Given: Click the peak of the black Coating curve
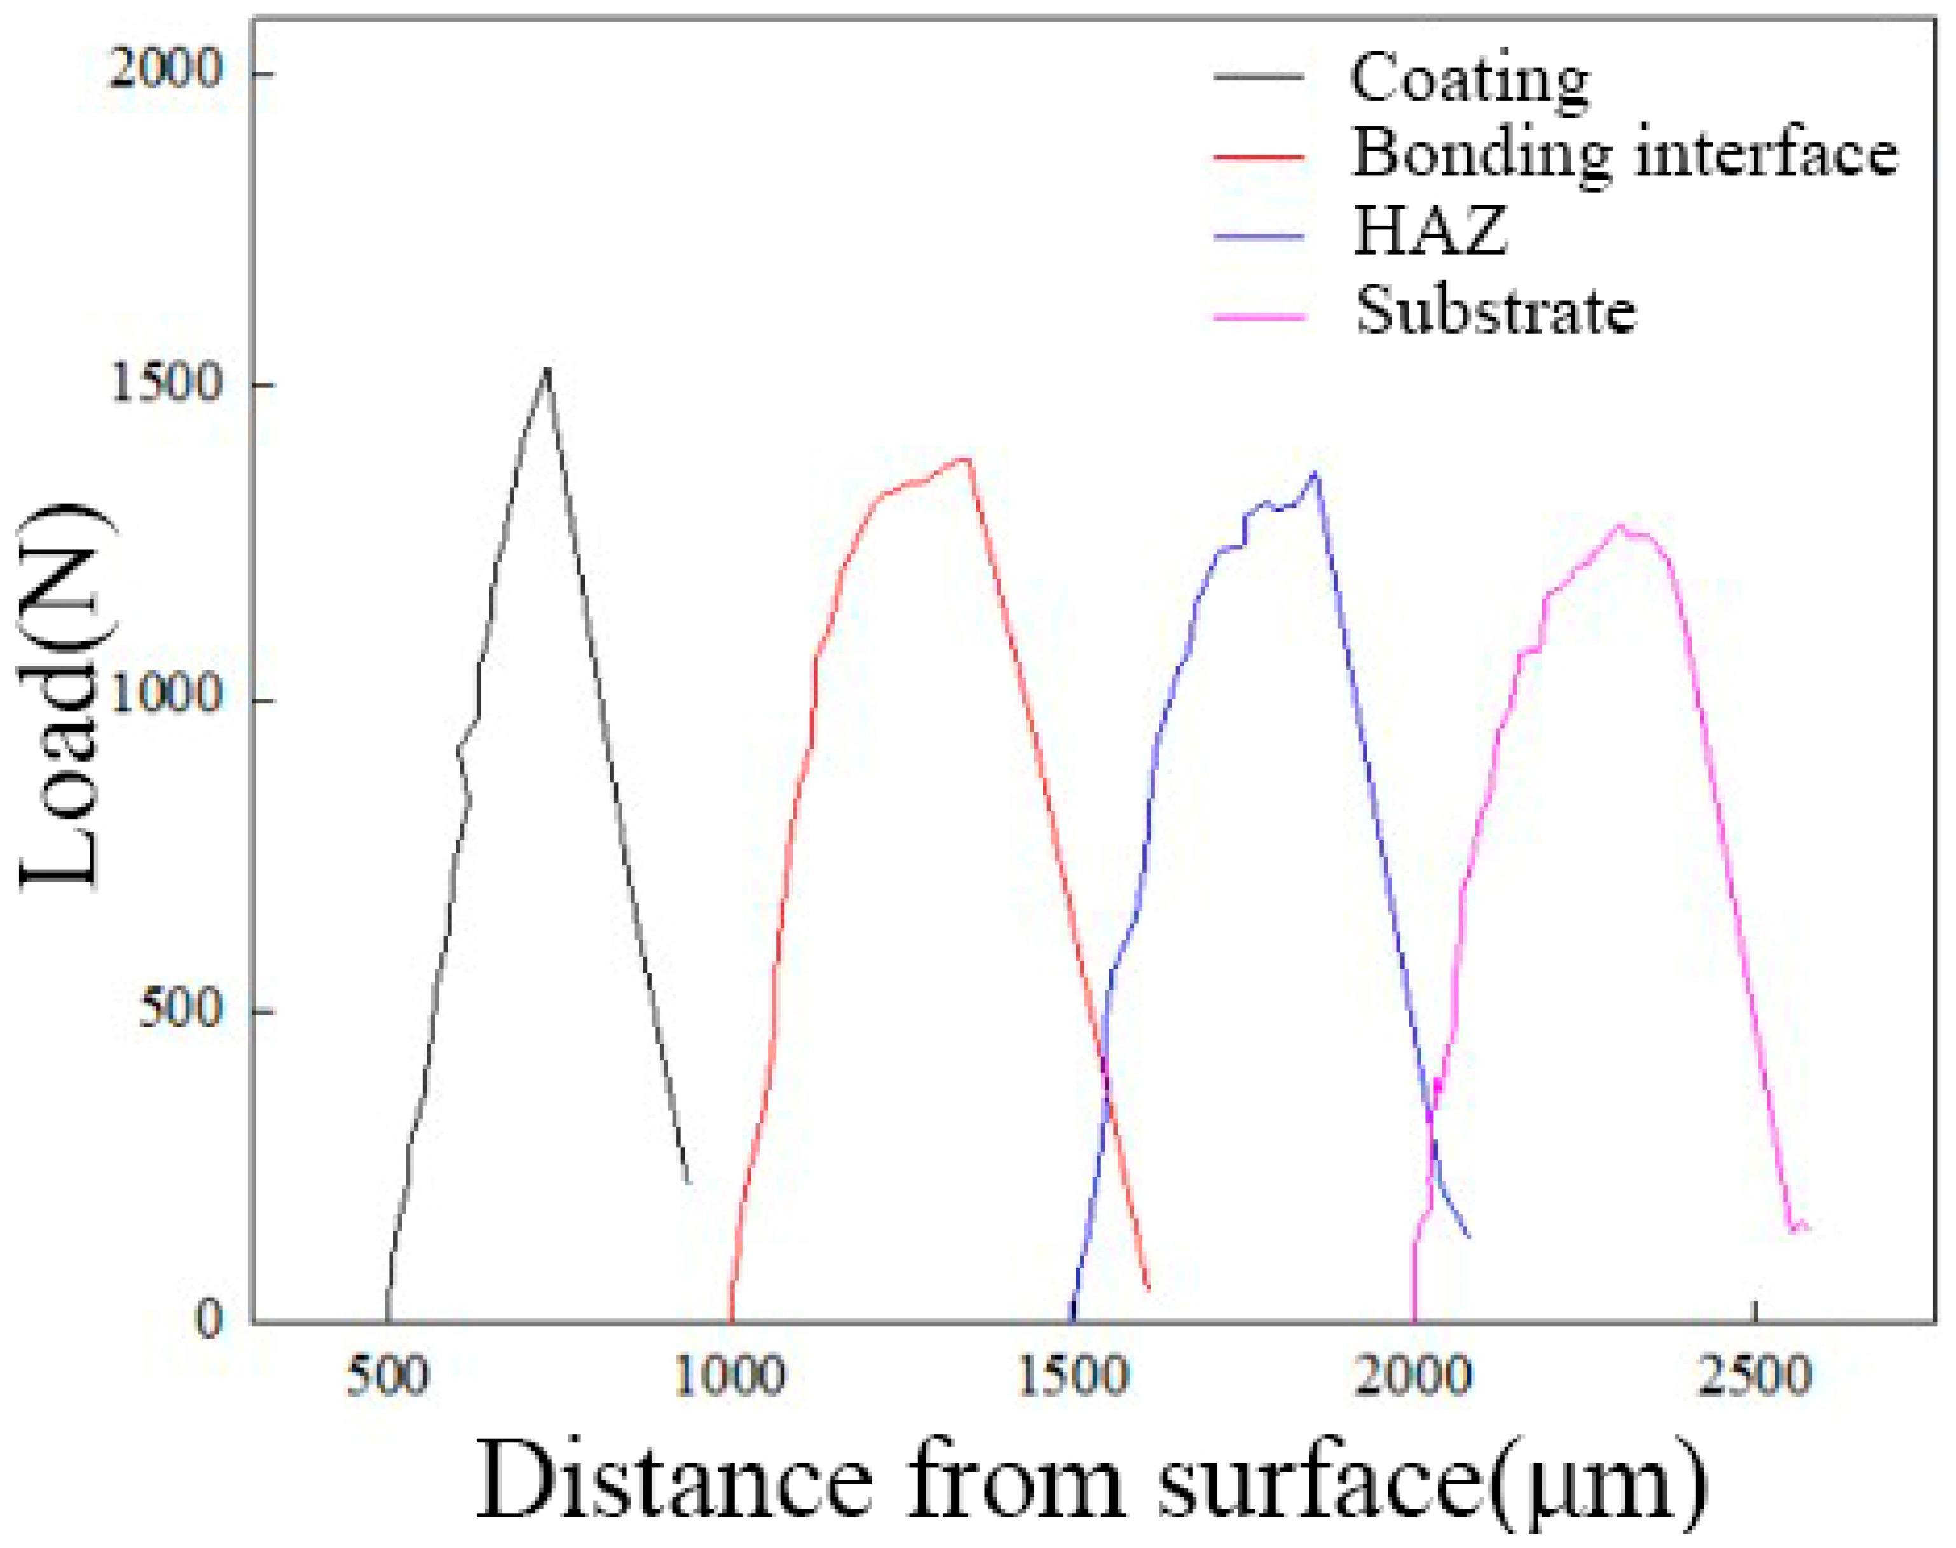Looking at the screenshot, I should click(x=547, y=370).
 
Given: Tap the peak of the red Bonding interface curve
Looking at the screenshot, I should click(x=968, y=458).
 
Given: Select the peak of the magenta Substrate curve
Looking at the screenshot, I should click(x=1620, y=526).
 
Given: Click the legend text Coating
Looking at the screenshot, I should click(x=1468, y=79).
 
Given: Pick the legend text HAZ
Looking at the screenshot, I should click(x=1430, y=231).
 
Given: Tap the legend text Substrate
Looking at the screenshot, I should click(x=1496, y=311).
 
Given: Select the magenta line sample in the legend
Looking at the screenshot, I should click(x=1259, y=317).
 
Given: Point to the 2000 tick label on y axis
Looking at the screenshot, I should click(x=165, y=70).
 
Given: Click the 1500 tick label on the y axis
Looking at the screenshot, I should click(x=165, y=383).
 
